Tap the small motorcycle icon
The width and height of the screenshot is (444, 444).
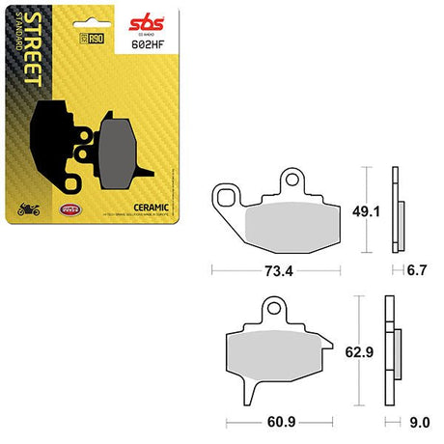pos(27,208)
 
